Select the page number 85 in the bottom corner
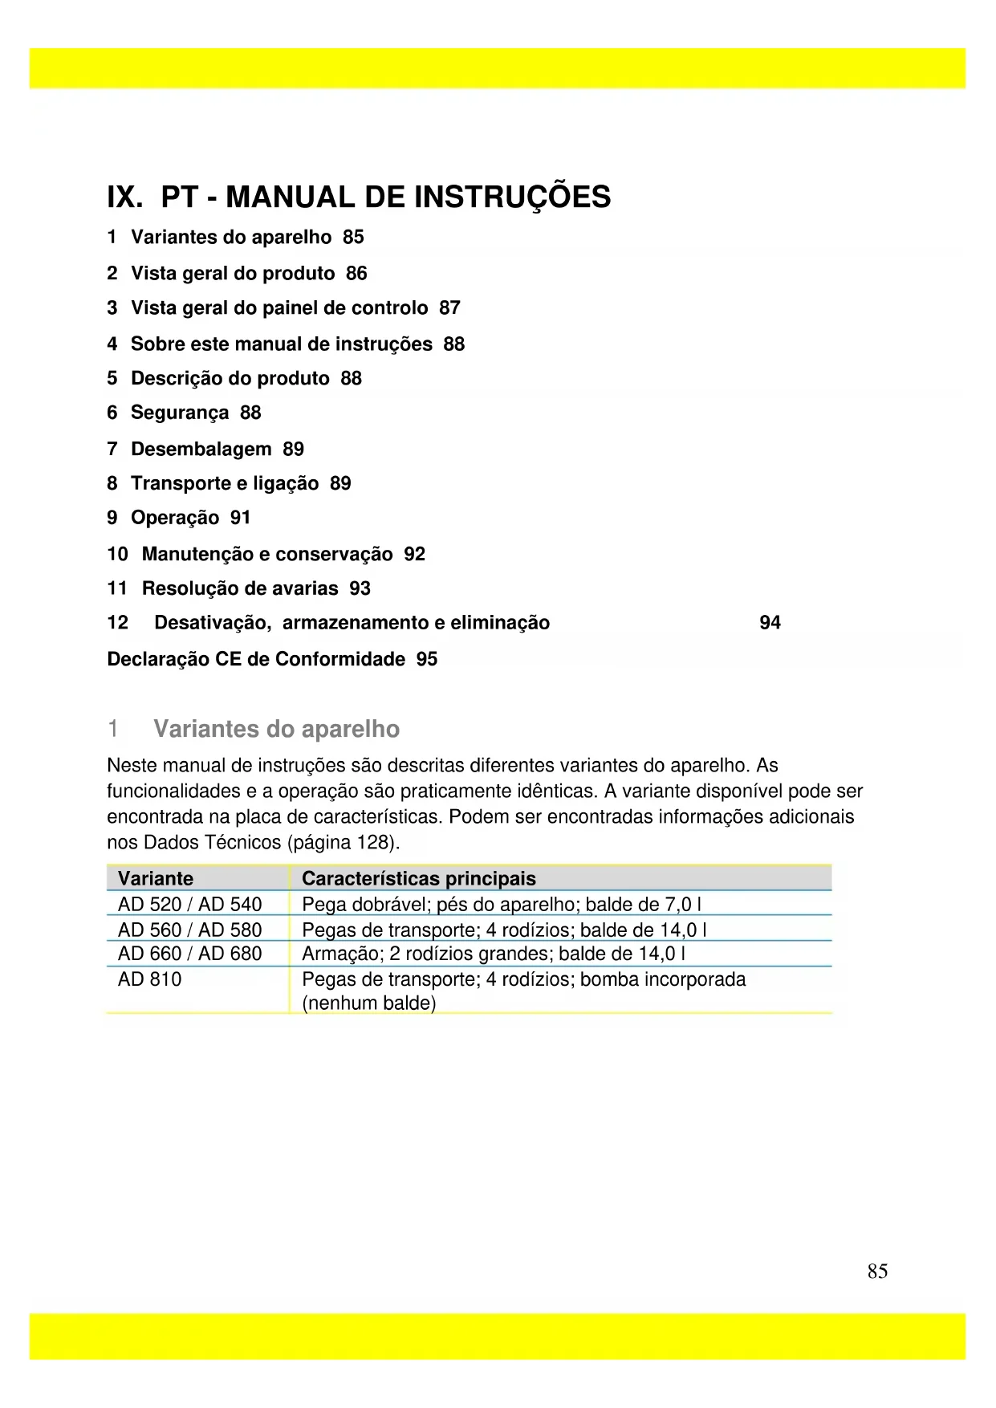877,1271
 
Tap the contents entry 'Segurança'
179,413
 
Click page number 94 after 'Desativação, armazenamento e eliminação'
770,623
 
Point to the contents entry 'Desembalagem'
201,449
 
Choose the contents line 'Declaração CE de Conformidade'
256,659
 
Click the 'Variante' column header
156,878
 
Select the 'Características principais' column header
418,878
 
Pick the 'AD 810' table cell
150,979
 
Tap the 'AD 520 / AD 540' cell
189,904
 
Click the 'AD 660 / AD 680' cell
189,954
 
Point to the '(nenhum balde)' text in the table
368,1003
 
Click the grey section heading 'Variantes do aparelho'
276,729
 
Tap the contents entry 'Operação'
174,518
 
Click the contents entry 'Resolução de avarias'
239,588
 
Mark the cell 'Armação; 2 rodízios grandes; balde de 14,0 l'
493,954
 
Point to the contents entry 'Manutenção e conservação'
266,554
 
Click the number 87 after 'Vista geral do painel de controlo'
449,308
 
